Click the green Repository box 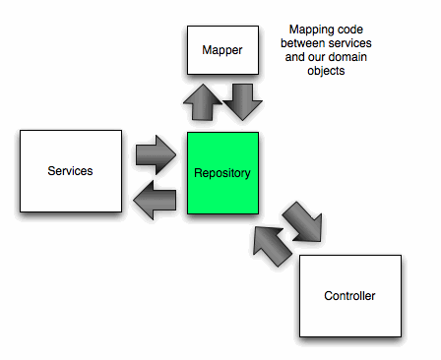(222, 173)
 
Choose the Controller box (349, 295)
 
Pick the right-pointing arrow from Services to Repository (154, 154)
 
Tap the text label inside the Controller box (349, 295)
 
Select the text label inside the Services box (70, 171)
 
